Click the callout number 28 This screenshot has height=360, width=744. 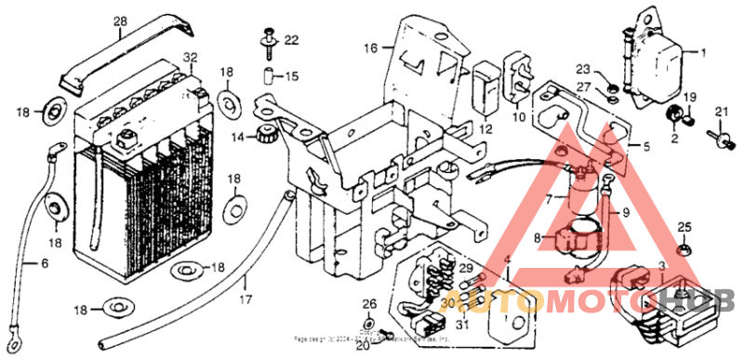point(120,20)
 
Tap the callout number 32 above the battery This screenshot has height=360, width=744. point(190,58)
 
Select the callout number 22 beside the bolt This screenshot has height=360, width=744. point(291,40)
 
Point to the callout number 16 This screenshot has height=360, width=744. point(370,47)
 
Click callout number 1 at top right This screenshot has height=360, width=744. point(703,52)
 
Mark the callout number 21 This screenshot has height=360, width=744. point(719,113)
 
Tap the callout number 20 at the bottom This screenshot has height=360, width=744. point(362,347)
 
